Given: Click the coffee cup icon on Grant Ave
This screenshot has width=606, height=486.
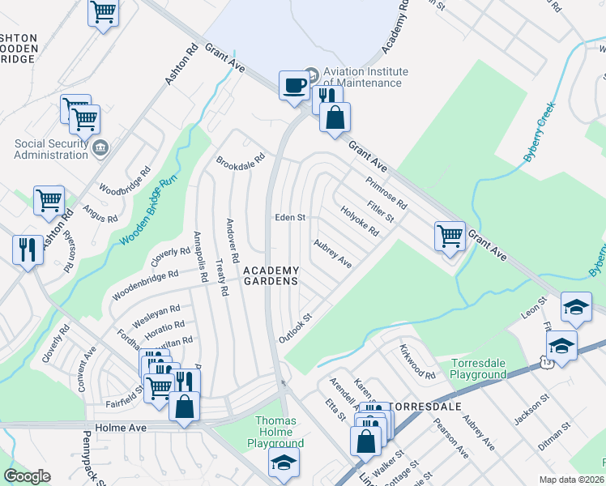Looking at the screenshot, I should coord(294,84).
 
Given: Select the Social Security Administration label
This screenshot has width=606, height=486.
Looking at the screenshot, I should coord(51,149).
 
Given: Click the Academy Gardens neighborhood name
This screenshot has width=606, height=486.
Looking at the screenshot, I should coord(271,275).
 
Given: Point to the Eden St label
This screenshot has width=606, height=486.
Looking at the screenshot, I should coord(289,217).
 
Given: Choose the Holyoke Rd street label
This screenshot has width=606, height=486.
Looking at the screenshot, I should coord(360,220).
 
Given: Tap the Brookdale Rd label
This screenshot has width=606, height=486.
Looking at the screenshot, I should coord(241,160).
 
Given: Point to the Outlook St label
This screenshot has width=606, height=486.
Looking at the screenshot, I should coord(296,327).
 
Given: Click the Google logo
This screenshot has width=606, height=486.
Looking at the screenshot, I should coord(27,476).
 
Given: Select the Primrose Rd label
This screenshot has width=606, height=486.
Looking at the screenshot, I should coord(386,191).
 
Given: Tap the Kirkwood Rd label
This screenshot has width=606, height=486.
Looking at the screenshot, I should coord(417,364).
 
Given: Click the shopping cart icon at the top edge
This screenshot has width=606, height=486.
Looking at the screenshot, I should coord(104,13).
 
